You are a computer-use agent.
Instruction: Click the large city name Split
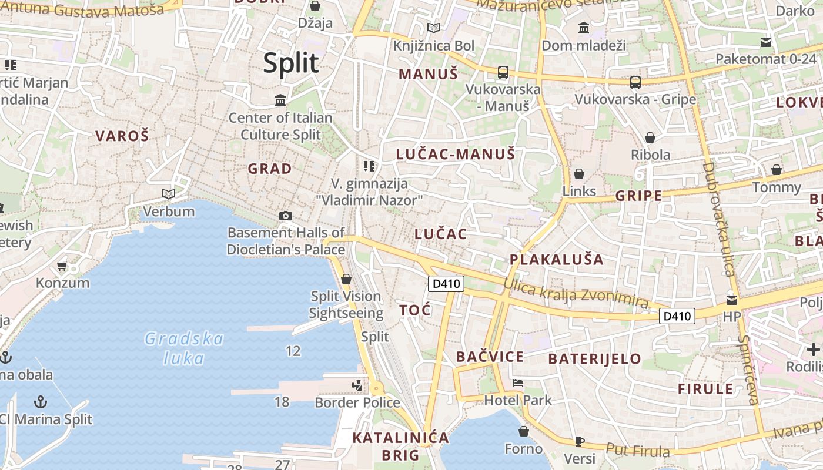tap(291, 63)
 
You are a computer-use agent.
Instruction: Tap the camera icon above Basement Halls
tap(286, 216)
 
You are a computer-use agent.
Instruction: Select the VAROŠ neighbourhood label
tap(122, 136)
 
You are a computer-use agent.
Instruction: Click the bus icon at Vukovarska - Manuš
tap(503, 72)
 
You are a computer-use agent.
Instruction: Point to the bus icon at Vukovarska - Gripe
tap(635, 82)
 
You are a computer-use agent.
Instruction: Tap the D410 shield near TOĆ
tap(446, 284)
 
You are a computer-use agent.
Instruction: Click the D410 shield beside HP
tap(677, 316)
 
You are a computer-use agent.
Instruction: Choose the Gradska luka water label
tap(184, 348)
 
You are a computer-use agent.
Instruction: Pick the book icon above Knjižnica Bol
tap(434, 28)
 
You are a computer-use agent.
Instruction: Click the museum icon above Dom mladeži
tap(584, 28)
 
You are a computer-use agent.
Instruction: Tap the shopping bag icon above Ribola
tap(650, 137)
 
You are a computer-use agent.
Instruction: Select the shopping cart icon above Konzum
tap(62, 266)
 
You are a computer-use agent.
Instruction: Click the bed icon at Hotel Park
tap(517, 383)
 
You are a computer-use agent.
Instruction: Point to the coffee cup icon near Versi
tap(580, 441)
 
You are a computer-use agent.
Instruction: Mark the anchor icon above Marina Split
tap(41, 402)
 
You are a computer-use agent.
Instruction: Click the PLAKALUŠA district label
tap(557, 259)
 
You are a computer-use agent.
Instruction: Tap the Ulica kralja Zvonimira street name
tap(576, 293)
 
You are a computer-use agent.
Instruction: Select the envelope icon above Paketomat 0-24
tap(766, 42)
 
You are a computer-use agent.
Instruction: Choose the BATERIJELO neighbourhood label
tap(595, 358)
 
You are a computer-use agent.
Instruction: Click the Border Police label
tap(357, 402)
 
